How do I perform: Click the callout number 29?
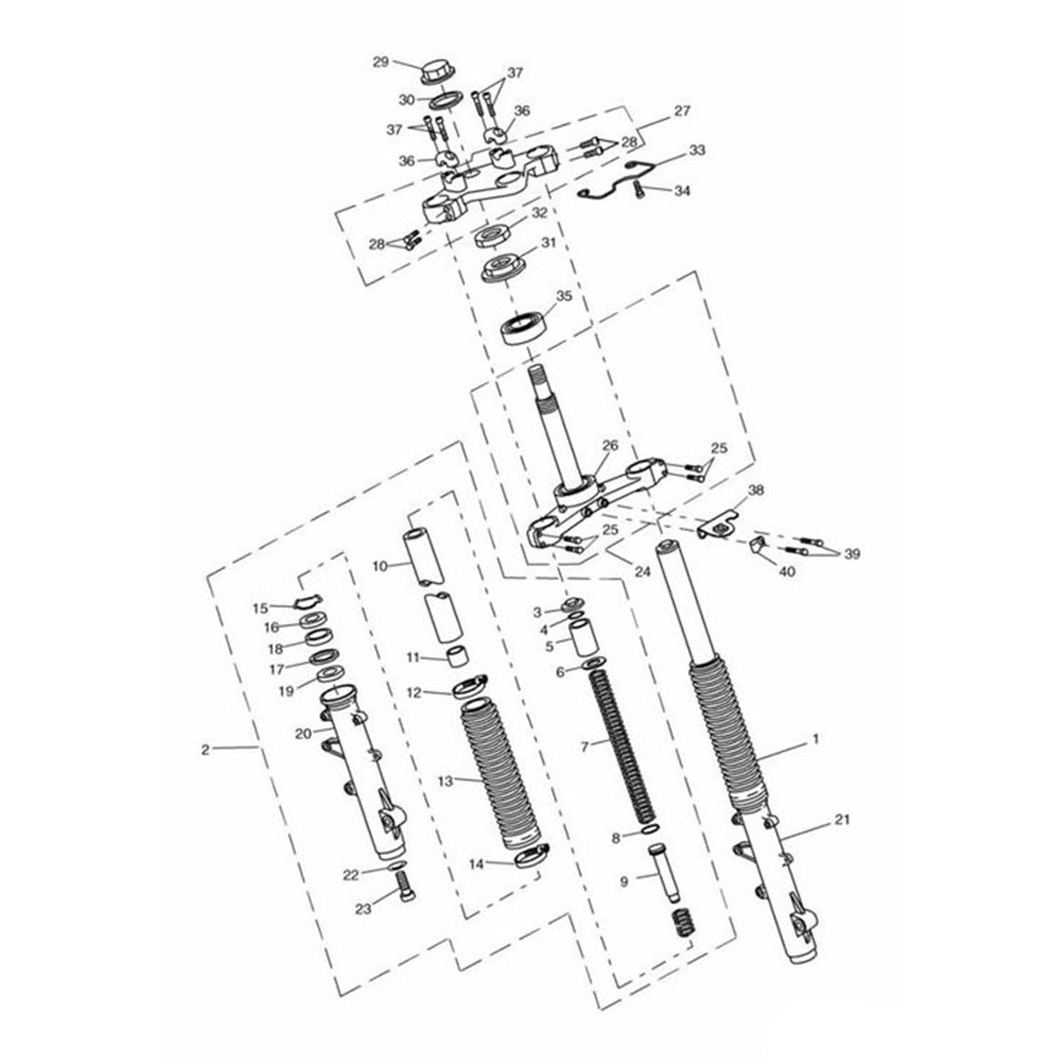[x=381, y=62]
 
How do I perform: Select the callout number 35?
[x=564, y=296]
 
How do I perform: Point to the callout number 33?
[x=698, y=150]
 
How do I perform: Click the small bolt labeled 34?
[x=639, y=191]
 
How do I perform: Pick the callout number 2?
[x=206, y=750]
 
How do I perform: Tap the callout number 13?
[x=445, y=780]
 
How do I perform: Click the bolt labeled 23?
[x=406, y=889]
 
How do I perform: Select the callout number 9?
[x=624, y=881]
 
